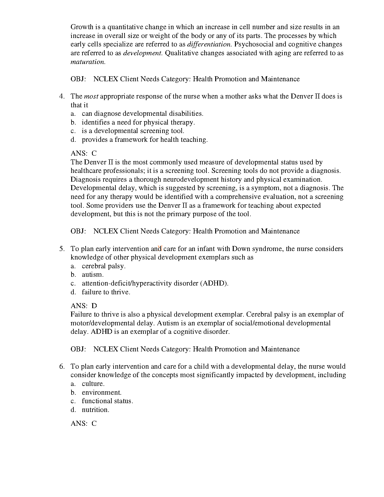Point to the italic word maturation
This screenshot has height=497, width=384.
coord(88,62)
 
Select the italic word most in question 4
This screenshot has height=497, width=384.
coord(91,96)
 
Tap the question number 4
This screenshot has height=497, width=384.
coord(62,96)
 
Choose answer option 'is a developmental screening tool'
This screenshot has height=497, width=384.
coord(133,131)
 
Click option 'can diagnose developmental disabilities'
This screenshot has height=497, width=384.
coord(142,114)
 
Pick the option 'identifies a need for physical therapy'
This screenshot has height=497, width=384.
coord(138,122)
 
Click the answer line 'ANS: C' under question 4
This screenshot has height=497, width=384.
coord(83,153)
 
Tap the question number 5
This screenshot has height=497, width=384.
coord(62,249)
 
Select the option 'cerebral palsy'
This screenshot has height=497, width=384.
coord(104,266)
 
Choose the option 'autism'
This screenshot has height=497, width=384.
coord(93,275)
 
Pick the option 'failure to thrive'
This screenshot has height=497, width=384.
coord(106,292)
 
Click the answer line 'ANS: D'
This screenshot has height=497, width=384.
coord(84,306)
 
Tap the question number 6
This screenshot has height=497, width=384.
coord(62,366)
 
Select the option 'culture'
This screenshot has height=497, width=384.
coord(93,384)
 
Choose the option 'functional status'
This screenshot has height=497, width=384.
coord(107,401)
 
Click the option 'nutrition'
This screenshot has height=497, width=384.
coord(95,410)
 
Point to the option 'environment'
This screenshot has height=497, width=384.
coord(102,393)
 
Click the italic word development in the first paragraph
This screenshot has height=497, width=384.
coord(143,53)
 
